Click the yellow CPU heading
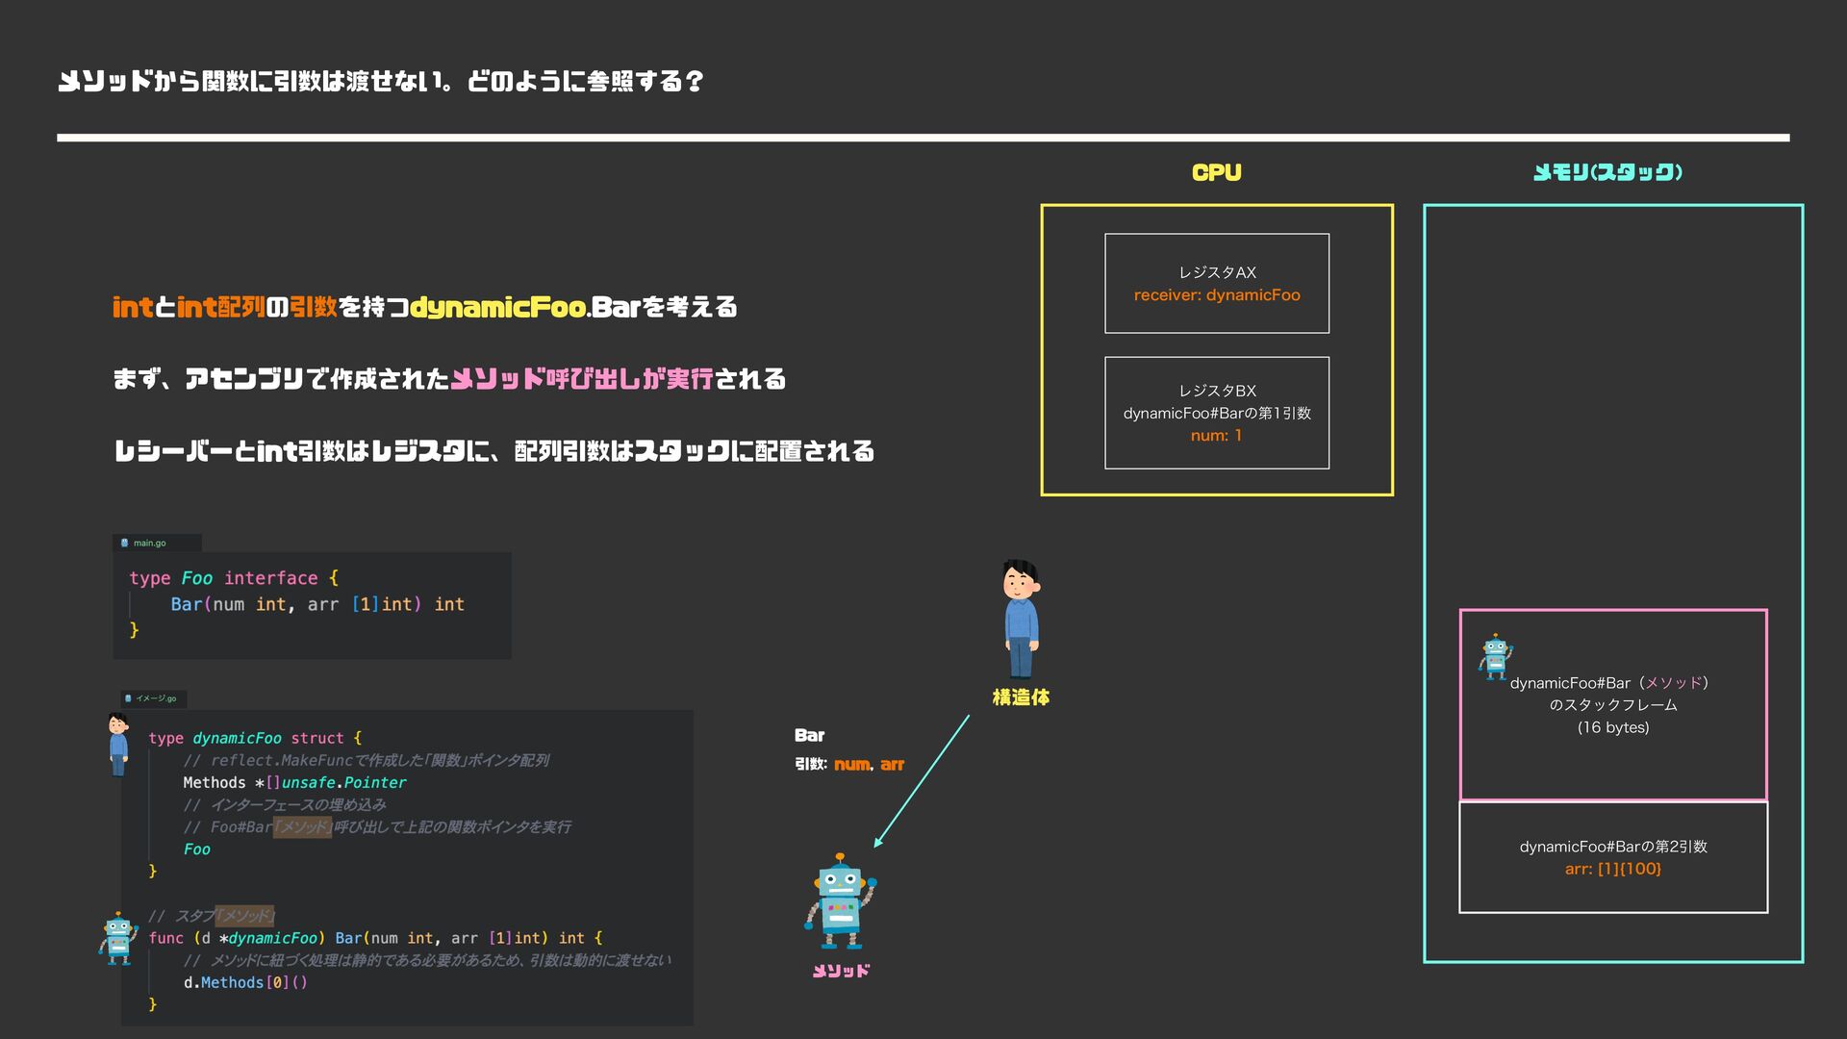click(1216, 173)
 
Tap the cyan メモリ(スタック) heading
click(1607, 173)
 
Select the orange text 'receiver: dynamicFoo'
click(1217, 295)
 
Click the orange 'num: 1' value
click(1216, 436)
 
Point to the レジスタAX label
click(1217, 272)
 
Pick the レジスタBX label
click(1217, 391)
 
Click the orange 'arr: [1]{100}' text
click(1612, 869)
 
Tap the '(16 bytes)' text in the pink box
click(1612, 727)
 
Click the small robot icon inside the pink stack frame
click(1495, 656)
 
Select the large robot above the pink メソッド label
click(840, 901)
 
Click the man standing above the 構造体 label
click(1021, 619)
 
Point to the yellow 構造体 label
click(1021, 697)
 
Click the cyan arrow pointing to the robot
click(921, 781)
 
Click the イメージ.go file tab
click(155, 698)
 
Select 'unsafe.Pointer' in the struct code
click(343, 783)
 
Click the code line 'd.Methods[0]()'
click(245, 982)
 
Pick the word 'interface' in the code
click(270, 578)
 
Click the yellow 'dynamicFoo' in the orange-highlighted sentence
click(498, 308)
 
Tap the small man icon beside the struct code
click(118, 743)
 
